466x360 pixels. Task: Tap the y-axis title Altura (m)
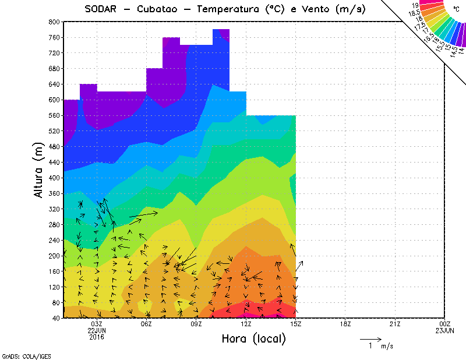38,170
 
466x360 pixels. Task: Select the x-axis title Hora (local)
254,338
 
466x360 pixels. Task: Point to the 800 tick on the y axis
54,22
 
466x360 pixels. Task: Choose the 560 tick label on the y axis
54,115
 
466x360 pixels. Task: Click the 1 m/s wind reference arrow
370,338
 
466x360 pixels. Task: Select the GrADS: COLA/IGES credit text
19,355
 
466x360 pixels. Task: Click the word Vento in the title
309,9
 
